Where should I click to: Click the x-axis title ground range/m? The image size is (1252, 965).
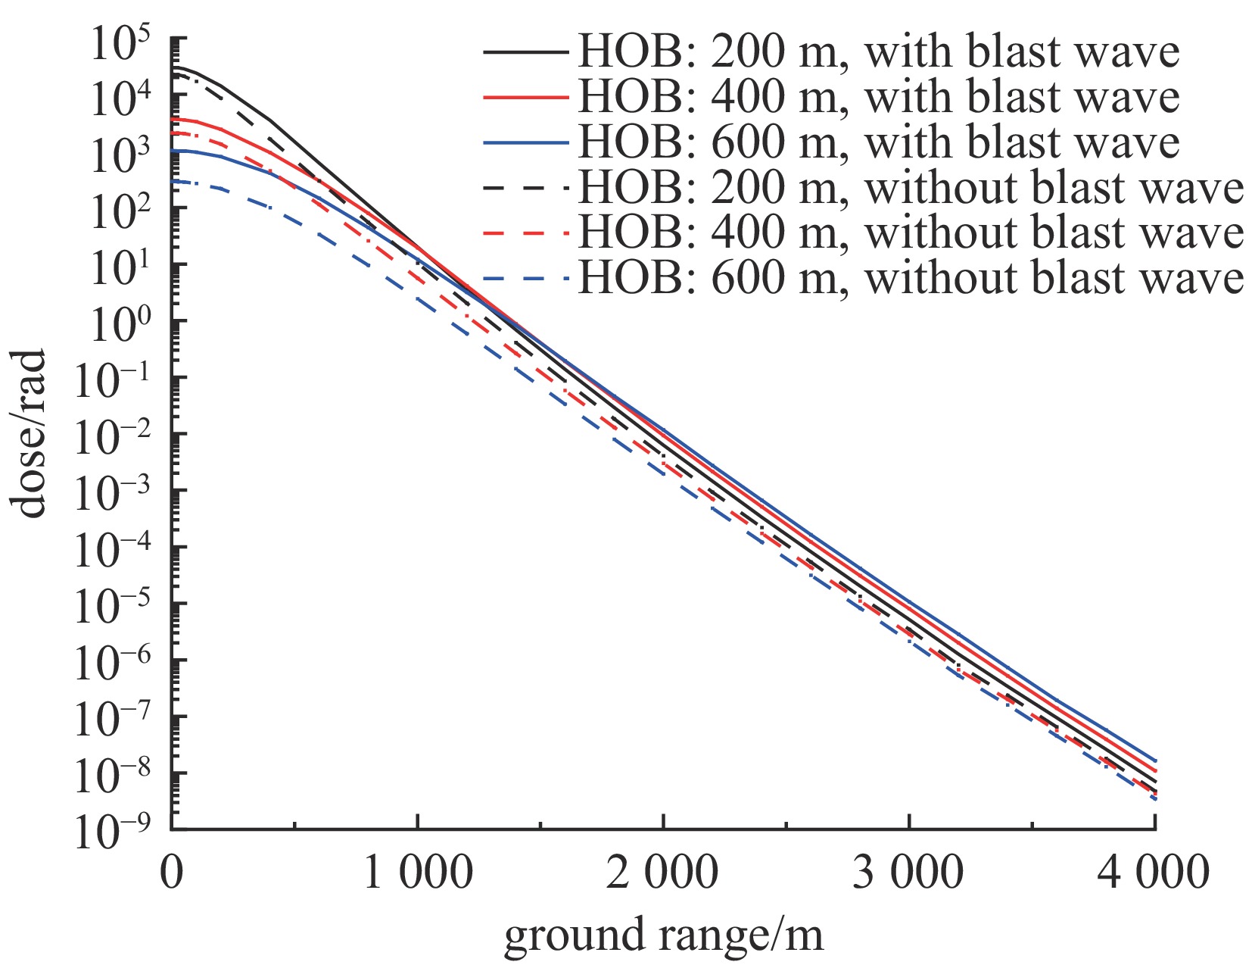[663, 935]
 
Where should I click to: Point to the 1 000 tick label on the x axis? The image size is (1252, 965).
[418, 873]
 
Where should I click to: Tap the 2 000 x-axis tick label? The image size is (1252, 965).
[663, 873]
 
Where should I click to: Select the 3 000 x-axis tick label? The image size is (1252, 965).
[908, 873]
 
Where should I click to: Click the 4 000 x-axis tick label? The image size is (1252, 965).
[1154, 873]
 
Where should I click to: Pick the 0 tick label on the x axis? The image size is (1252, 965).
[173, 873]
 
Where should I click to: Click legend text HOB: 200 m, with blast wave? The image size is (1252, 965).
[877, 52]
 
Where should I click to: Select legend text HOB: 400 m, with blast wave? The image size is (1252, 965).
[877, 98]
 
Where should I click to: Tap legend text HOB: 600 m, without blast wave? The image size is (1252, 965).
[911, 279]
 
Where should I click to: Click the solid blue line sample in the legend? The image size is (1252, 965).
[525, 143]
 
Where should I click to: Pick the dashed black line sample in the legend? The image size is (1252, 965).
[525, 189]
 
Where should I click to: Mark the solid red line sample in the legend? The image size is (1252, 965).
[525, 98]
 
